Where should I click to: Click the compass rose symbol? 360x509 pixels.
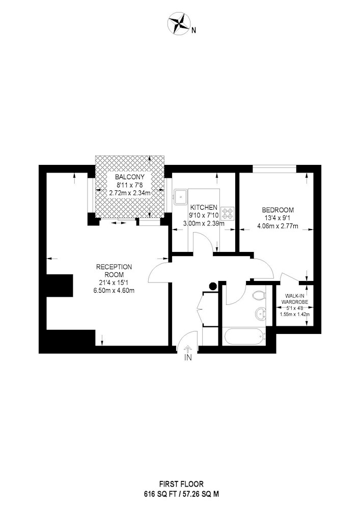pos(178,23)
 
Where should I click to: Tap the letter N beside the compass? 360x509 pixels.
pos(194,31)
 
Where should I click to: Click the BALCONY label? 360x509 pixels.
pos(130,177)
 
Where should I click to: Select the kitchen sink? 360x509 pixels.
pos(180,196)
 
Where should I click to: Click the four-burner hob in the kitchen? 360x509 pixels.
pos(227,213)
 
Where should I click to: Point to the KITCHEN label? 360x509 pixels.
pos(204,207)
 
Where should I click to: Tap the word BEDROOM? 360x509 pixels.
pos(278,210)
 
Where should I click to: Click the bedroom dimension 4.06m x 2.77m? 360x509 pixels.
pos(278,226)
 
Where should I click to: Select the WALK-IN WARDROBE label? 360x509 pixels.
pos(295,299)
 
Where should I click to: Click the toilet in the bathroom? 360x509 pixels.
pos(260,296)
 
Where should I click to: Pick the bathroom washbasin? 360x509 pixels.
pos(261,314)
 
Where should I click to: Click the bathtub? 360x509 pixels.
pos(243,337)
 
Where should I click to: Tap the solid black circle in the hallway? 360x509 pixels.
pos(213,286)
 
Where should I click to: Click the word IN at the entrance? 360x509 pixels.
pos(188,358)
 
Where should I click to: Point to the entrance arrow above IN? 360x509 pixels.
pos(187,349)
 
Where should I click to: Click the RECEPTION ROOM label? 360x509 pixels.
pos(114,271)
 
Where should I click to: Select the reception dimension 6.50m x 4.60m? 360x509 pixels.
pos(114,290)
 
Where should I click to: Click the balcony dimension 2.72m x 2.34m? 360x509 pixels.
pos(130,193)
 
